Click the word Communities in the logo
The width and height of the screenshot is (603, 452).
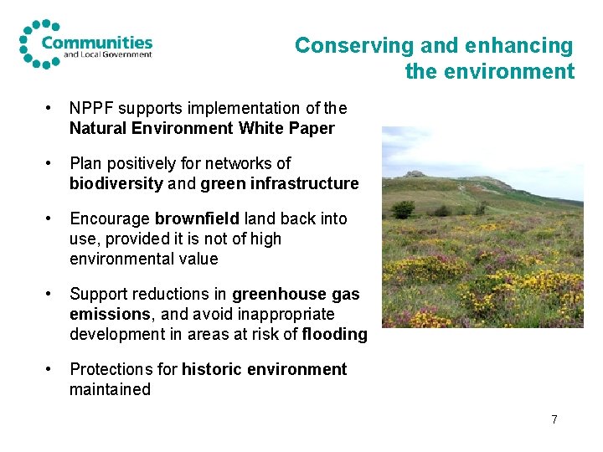(x=96, y=42)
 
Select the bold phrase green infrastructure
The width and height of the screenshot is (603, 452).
(x=288, y=183)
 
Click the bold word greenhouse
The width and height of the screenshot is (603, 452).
(x=280, y=294)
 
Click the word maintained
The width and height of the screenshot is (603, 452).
(x=110, y=389)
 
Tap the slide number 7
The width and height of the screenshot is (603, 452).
(x=554, y=419)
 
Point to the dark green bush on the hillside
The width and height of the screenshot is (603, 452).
(x=404, y=208)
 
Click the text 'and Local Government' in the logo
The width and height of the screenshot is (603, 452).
(x=108, y=55)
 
